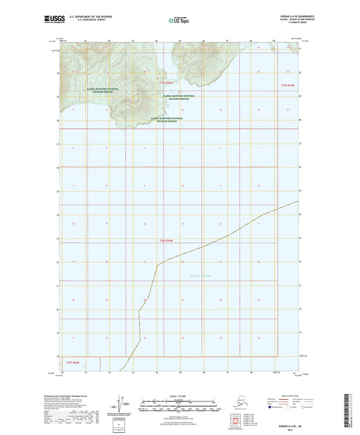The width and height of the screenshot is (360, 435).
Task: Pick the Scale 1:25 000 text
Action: tap(179, 396)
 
